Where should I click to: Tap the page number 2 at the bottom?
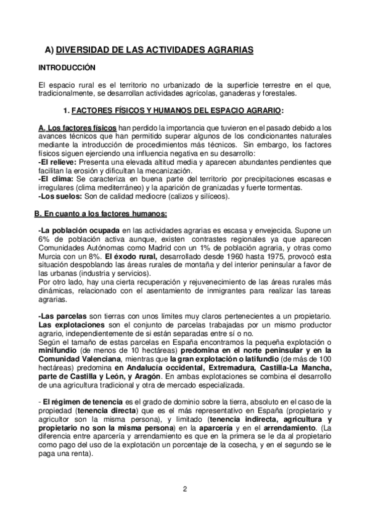point(185,490)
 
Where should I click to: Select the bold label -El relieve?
point(57,162)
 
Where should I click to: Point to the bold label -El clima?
point(54,179)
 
